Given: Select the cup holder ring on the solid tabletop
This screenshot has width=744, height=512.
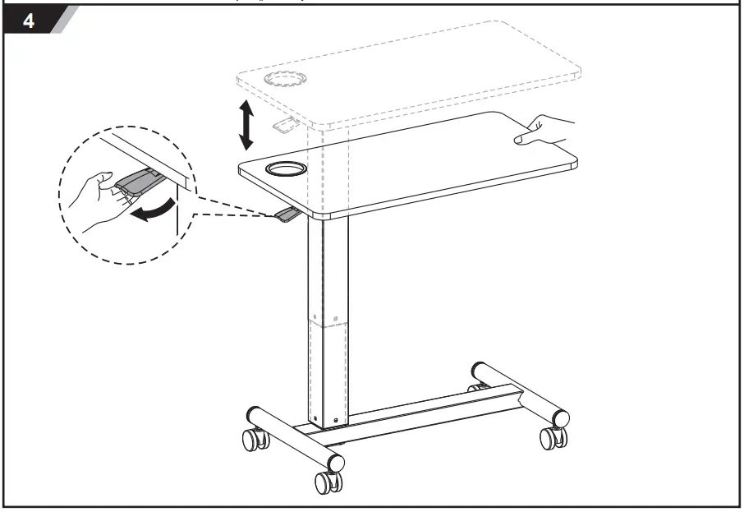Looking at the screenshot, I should [285, 170].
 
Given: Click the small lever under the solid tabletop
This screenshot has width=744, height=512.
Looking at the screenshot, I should [287, 215].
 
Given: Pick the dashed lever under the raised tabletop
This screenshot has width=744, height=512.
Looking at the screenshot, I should [286, 126].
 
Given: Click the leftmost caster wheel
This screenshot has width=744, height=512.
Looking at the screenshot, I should [254, 439].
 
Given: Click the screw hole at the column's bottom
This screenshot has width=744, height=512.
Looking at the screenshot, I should [335, 421].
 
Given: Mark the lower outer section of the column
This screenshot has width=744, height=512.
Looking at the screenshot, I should [328, 370].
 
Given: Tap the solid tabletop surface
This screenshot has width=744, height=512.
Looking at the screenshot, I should [427, 164].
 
